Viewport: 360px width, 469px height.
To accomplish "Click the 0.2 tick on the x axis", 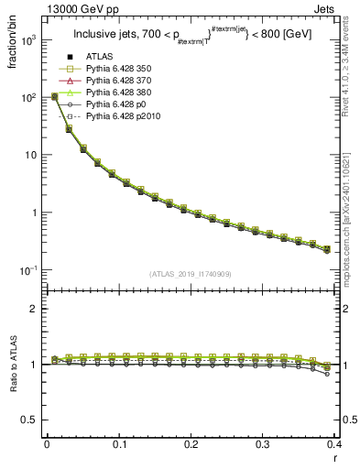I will [191, 444].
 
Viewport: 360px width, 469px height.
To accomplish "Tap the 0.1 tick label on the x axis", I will [118, 444].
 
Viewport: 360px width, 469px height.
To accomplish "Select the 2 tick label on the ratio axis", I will [35, 309].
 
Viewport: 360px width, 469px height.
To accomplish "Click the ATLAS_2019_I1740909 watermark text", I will [191, 274].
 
